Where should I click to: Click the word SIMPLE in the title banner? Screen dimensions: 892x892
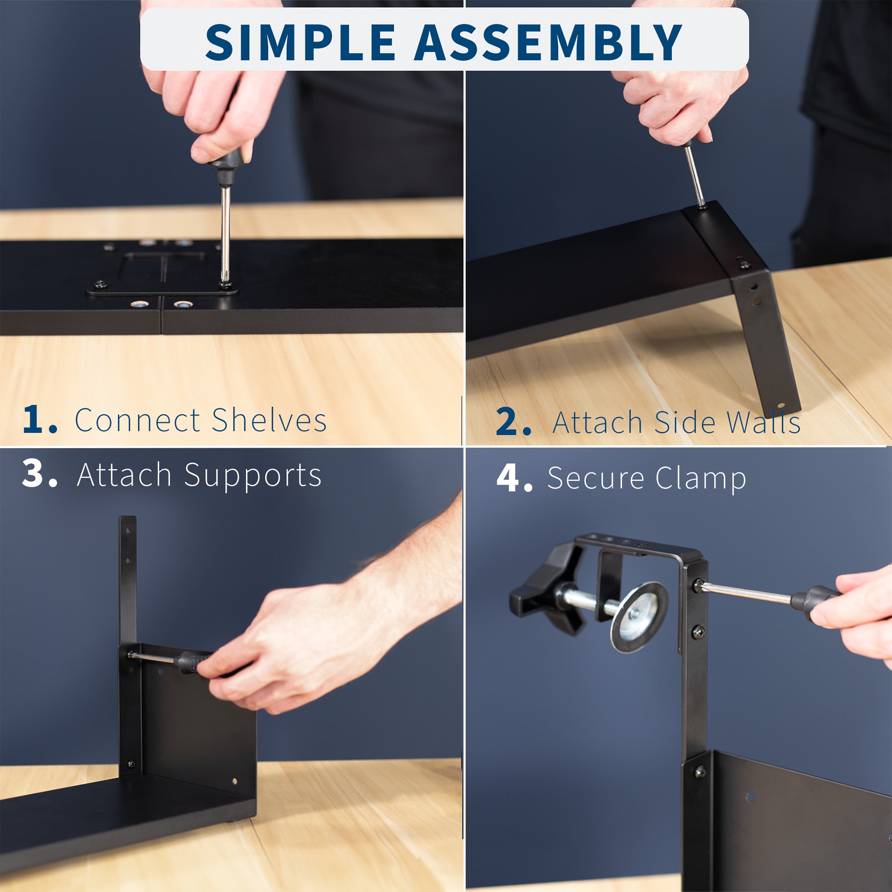click(x=300, y=42)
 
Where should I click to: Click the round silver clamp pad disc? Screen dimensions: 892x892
click(x=640, y=617)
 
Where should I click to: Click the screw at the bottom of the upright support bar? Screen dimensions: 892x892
click(x=131, y=764)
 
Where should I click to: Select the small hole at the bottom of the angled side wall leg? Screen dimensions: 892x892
click(x=781, y=406)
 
